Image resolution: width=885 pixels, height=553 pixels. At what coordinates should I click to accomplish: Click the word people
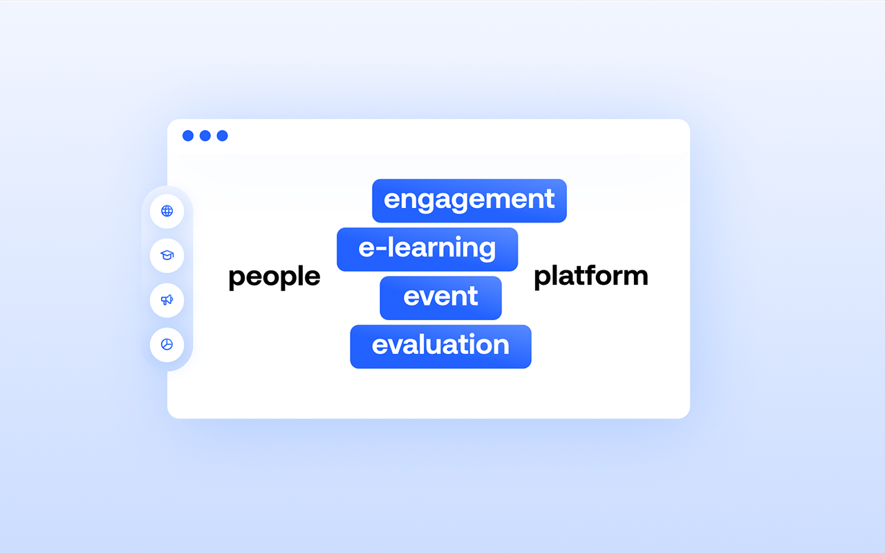tap(274, 277)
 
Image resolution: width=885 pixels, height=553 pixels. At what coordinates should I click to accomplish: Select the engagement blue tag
tap(469, 200)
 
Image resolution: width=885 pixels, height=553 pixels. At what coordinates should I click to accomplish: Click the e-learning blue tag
tap(427, 250)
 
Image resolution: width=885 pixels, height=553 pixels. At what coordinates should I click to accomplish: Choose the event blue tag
tap(440, 298)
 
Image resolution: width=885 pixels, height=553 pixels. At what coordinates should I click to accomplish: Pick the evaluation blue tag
tap(440, 346)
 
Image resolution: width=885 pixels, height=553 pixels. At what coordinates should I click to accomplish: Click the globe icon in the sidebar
tap(167, 211)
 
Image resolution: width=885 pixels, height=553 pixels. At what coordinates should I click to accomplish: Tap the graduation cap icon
tap(167, 255)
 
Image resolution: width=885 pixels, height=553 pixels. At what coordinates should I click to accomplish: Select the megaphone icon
tap(167, 300)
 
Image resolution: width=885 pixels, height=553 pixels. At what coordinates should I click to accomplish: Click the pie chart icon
tap(167, 344)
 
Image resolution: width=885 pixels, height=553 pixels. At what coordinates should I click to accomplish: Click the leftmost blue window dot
tap(188, 136)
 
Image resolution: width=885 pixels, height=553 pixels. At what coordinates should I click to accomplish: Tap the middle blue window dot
tap(205, 136)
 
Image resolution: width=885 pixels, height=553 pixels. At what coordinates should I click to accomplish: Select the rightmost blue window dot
tap(223, 136)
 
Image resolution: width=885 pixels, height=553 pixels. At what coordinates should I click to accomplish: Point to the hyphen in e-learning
tap(380, 248)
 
